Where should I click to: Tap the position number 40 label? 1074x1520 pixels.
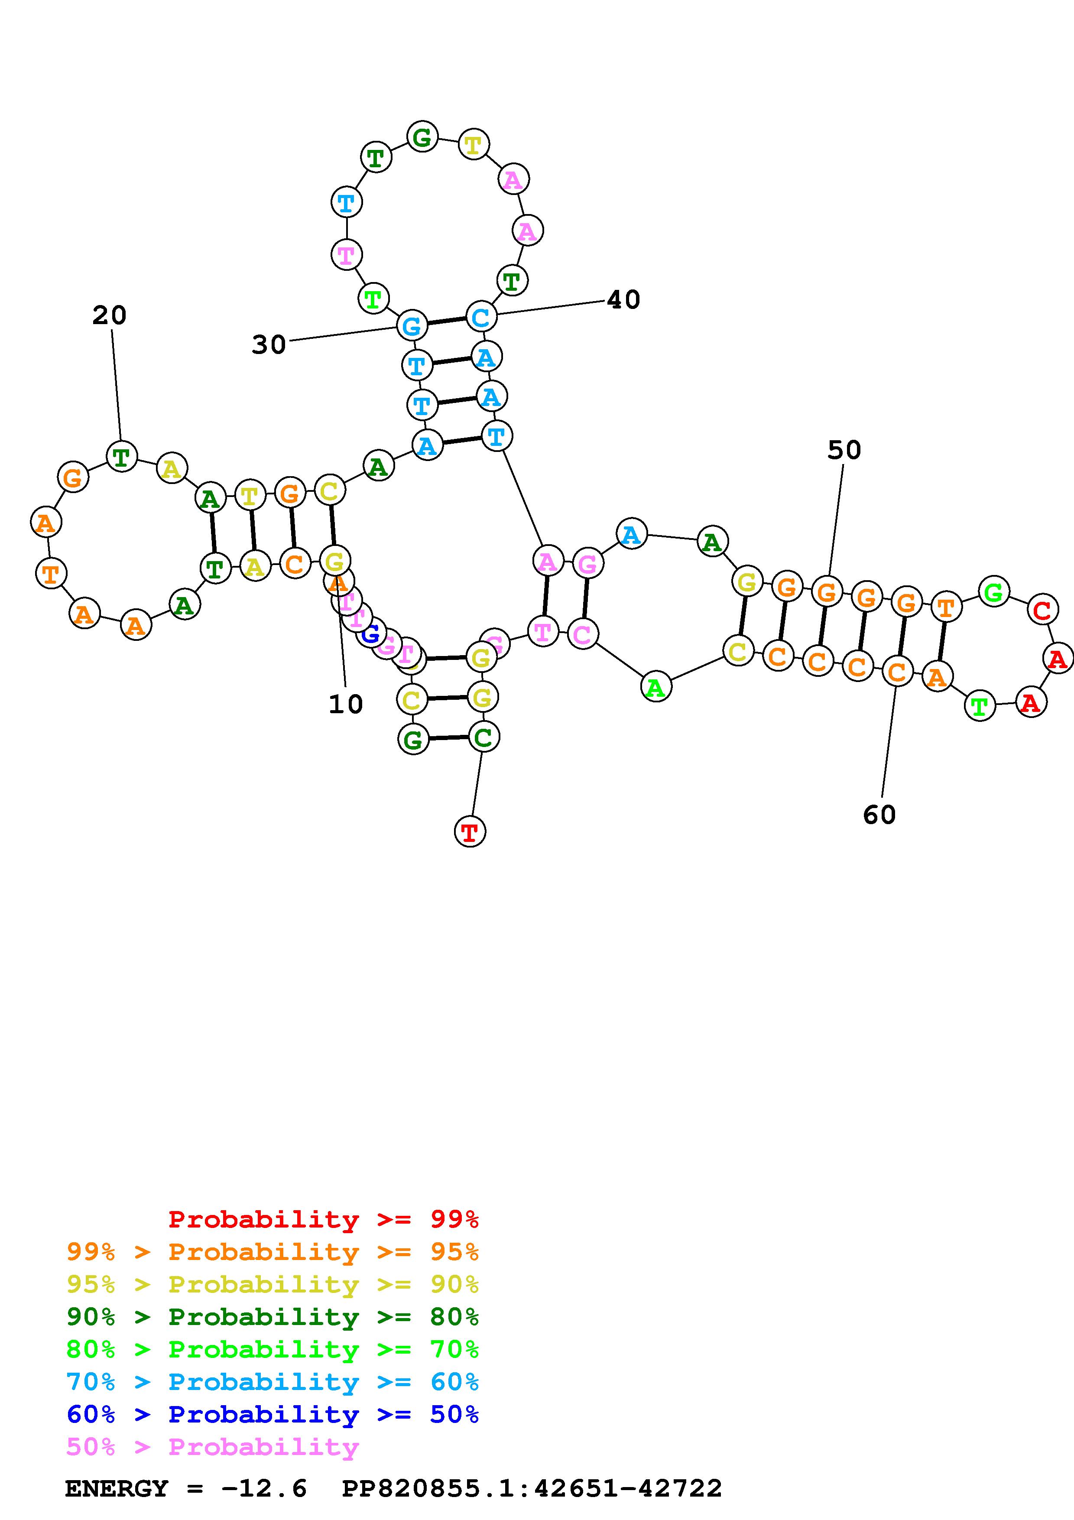coord(623,300)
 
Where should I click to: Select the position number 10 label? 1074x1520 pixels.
coord(345,705)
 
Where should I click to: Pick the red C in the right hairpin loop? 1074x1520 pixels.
coord(1042,611)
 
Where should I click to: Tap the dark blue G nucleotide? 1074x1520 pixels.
coord(370,633)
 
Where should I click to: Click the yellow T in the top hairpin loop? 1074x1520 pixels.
coord(473,144)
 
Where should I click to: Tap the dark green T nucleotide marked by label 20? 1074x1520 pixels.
coord(121,456)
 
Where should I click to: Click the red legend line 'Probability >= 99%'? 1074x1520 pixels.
coord(323,1219)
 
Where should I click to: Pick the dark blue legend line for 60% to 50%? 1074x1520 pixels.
coord(273,1414)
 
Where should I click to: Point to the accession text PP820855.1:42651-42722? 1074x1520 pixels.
coord(532,1488)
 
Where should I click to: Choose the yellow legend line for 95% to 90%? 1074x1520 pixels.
coord(273,1284)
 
